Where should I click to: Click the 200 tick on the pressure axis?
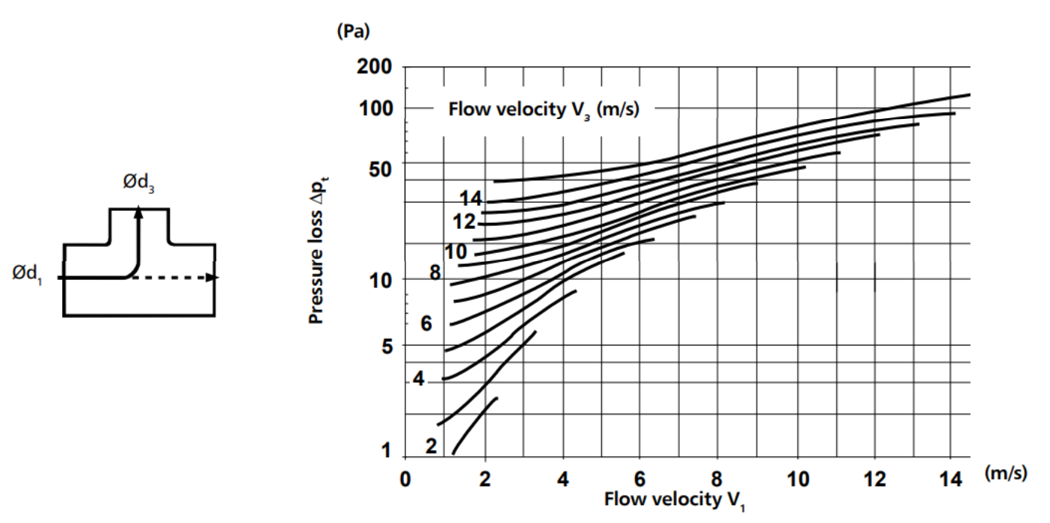pos(375,67)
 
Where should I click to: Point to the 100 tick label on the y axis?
pos(375,108)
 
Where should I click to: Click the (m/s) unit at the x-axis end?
pos(1007,474)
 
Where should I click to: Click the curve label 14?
pos(471,198)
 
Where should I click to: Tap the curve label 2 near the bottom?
pos(431,446)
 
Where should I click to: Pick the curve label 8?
pos(435,273)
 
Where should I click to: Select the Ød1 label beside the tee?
pos(27,275)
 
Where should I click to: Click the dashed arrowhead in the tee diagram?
pos(213,278)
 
